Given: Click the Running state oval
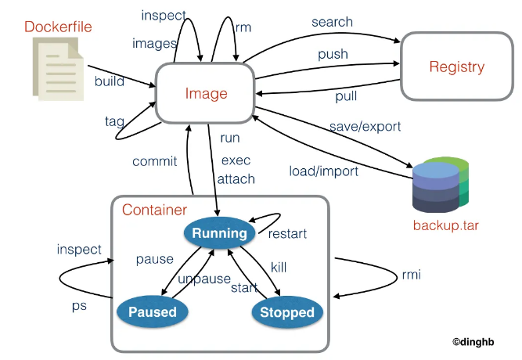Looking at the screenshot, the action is tap(219, 232).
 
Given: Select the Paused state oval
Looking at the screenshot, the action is tap(153, 311).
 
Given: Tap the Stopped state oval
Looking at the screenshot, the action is tap(287, 312).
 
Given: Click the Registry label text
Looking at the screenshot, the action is tap(457, 67).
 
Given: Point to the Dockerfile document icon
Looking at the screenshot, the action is tap(58, 69).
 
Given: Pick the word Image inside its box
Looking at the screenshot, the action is tap(206, 94).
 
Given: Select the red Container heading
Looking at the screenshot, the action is tap(154, 210).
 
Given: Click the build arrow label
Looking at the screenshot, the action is tap(110, 81).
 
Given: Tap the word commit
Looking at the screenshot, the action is tap(154, 161).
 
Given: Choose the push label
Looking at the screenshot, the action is tap(333, 54).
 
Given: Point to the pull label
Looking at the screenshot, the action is tap(346, 96).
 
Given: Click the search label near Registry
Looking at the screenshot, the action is tap(332, 22).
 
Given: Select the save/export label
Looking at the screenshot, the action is tap(365, 127).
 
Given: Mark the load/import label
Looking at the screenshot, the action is tap(323, 171).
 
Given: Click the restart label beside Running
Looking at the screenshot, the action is tap(287, 234).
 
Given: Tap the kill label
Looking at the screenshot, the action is tap(279, 267).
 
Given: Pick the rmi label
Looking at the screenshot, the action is tap(412, 275).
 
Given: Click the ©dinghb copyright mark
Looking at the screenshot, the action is tap(473, 342).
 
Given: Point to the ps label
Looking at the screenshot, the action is tap(79, 306).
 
